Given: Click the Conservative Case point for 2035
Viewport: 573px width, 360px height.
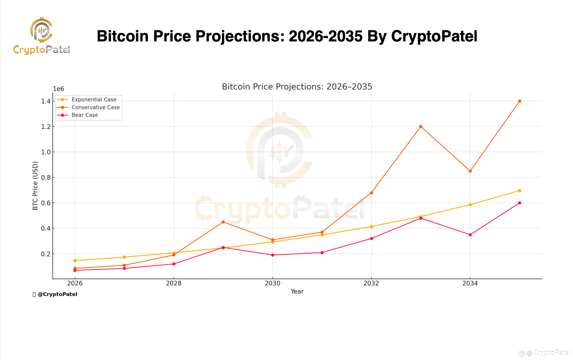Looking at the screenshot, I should [519, 101].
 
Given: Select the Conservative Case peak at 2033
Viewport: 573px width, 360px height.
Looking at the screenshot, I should [421, 126].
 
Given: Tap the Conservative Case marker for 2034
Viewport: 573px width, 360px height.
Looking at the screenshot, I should [470, 171].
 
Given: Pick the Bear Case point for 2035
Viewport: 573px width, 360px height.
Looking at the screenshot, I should [519, 203].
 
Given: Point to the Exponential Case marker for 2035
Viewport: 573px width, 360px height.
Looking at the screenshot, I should [519, 190].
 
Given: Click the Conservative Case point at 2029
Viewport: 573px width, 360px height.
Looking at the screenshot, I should [223, 222].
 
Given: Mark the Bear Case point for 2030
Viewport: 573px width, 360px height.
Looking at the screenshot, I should [272, 255].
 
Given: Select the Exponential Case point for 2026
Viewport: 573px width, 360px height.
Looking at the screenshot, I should [75, 261].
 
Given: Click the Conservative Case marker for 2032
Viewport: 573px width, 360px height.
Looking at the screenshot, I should [371, 193].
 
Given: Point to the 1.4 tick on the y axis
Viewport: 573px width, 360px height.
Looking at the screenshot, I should [46, 101].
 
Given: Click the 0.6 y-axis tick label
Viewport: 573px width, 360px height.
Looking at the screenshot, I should [46, 203].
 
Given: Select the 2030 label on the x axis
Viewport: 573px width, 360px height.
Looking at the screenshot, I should [272, 283].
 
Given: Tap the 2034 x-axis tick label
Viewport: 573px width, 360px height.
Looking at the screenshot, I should [470, 283].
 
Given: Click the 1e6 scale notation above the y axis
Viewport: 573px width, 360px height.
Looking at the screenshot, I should [58, 89].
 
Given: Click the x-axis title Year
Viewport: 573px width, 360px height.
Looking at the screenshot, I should [297, 292].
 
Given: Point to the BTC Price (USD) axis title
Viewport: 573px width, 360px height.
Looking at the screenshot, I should [35, 186].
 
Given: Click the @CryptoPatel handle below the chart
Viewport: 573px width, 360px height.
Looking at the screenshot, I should [57, 294].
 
